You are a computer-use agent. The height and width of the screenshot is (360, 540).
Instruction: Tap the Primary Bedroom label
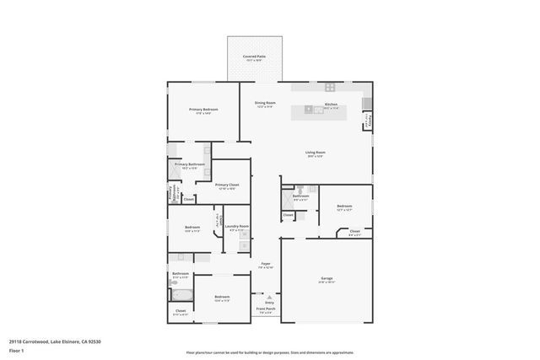click(203, 110)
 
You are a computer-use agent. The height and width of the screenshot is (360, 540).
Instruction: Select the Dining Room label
click(266, 103)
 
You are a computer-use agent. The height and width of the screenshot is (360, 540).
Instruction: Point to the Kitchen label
click(331, 104)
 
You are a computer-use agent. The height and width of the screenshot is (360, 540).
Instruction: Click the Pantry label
click(367, 121)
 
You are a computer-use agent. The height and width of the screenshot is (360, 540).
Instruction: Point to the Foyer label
click(265, 264)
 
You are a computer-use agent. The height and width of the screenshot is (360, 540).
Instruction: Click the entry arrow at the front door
click(269, 297)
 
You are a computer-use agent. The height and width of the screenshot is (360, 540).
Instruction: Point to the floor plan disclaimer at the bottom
click(270, 352)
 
